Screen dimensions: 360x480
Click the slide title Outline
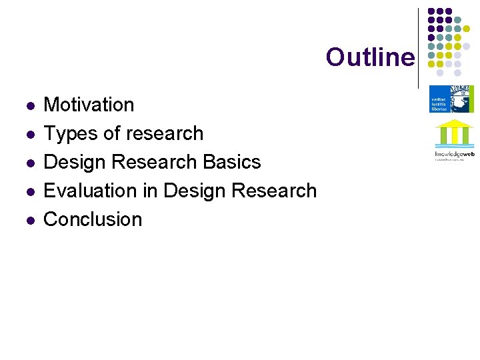[x=369, y=57]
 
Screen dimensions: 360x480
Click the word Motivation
[x=89, y=105]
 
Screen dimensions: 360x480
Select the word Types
[x=69, y=133]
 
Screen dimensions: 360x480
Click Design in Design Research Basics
[x=73, y=162]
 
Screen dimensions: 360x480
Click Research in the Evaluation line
[x=274, y=191]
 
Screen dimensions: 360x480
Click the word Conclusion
[x=93, y=219]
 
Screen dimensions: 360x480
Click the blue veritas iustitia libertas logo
[x=451, y=99]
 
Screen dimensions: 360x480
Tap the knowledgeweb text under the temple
[x=454, y=154]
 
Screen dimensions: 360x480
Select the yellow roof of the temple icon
[x=454, y=124]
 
